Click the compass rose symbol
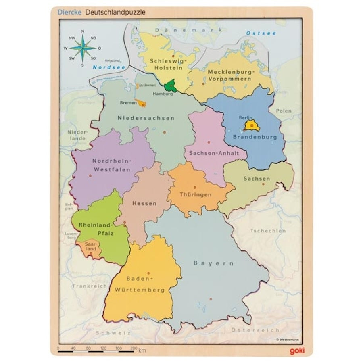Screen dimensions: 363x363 83,48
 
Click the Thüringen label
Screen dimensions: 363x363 195,195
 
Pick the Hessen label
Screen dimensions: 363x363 144,203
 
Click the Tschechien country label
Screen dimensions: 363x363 268,231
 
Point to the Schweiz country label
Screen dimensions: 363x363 113,333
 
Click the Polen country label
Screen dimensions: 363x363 284,111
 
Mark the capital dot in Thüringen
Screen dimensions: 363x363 194,187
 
